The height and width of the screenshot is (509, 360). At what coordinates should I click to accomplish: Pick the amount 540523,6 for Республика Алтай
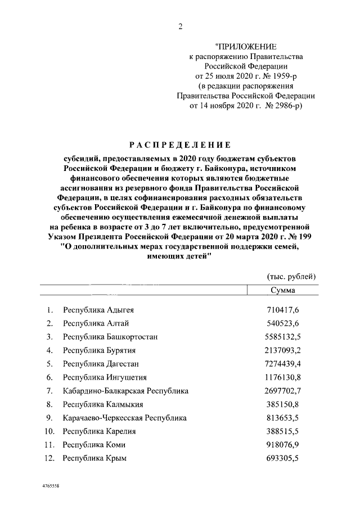(x=282, y=323)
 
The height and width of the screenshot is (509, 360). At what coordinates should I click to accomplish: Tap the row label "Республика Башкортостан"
(x=110, y=337)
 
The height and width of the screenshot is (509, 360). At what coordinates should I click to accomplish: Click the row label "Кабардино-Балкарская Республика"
(x=125, y=391)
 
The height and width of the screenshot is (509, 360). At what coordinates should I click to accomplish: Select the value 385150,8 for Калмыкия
(x=282, y=404)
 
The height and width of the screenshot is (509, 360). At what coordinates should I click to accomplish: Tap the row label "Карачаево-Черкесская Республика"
(x=124, y=418)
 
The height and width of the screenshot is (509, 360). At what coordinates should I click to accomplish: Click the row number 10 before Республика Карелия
(x=49, y=431)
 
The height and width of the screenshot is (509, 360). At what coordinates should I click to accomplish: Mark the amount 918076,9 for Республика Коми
(x=282, y=445)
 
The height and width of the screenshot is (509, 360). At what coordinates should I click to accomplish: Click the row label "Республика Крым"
(x=94, y=458)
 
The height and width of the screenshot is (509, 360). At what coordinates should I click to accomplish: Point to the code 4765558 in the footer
(x=51, y=485)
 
